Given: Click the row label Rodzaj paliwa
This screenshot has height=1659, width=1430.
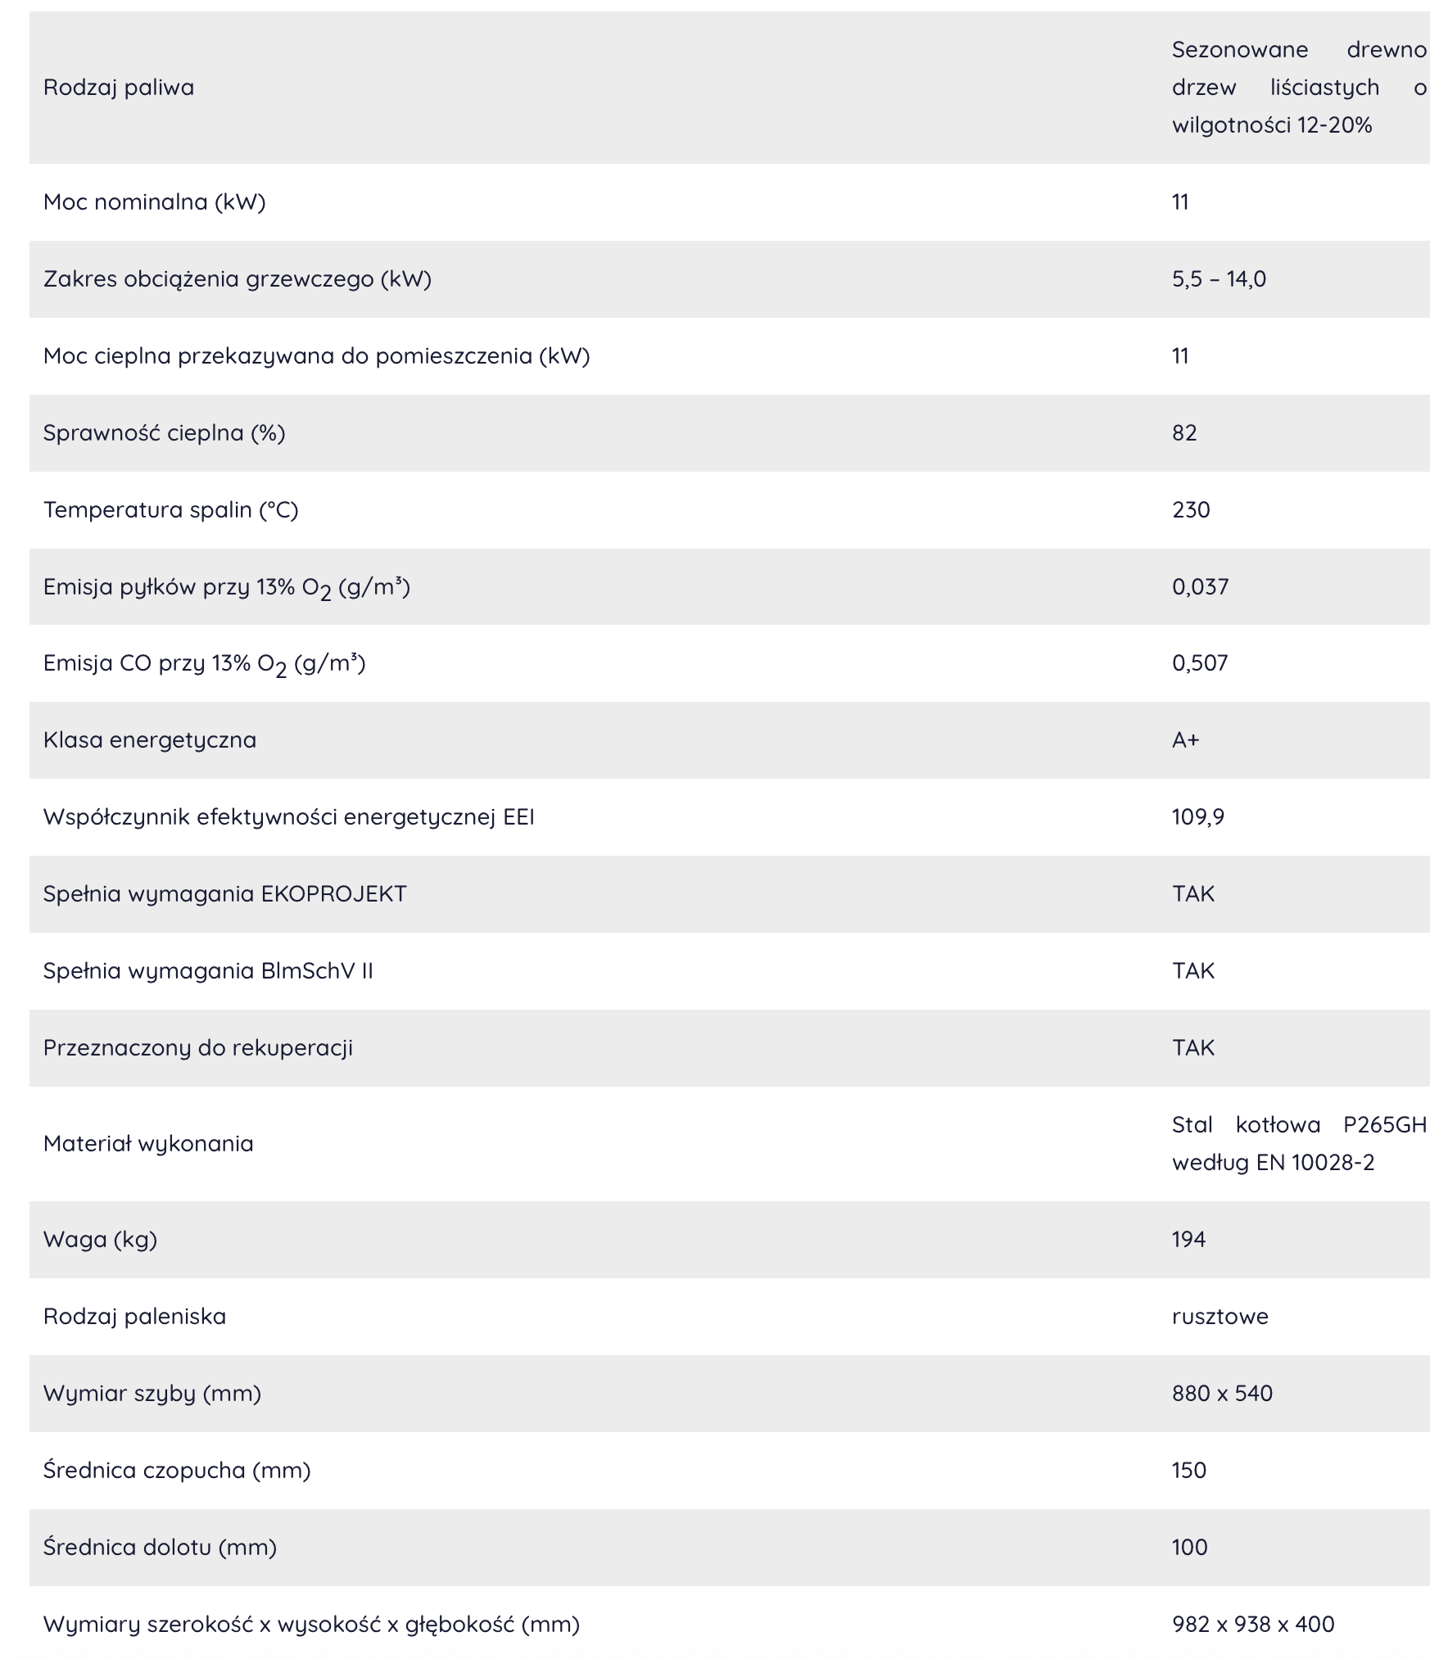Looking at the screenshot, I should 119,88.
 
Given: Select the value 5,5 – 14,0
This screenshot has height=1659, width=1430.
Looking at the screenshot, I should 1219,279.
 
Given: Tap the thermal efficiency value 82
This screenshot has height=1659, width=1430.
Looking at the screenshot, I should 1184,432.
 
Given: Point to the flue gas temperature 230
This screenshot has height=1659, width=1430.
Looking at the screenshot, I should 1191,509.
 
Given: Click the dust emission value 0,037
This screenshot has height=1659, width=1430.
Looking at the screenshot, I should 1200,586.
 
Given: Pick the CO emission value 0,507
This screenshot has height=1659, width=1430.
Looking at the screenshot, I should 1200,662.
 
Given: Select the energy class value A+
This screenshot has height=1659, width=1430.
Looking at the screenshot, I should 1185,739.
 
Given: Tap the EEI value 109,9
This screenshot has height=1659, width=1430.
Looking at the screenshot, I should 1197,816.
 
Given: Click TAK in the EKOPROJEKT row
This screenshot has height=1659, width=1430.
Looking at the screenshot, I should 1192,893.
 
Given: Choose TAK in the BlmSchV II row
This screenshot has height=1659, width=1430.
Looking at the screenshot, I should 1192,970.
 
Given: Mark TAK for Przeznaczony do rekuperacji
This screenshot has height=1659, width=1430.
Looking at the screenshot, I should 1192,1047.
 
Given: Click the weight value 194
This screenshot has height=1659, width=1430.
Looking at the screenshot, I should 1188,1239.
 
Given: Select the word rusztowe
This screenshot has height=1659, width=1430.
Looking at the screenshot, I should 1220,1316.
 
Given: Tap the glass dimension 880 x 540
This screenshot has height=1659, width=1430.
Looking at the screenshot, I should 1222,1393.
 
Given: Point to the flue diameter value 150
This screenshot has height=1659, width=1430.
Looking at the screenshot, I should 1189,1470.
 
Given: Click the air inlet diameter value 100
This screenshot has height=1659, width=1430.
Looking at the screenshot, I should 1189,1547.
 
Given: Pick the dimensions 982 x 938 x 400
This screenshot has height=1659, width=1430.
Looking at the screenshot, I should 1253,1624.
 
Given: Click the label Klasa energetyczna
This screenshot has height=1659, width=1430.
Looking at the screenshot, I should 150,739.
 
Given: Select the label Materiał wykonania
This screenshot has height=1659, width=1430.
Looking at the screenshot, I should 148,1143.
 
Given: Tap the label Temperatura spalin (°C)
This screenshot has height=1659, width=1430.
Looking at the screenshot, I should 170,509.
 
